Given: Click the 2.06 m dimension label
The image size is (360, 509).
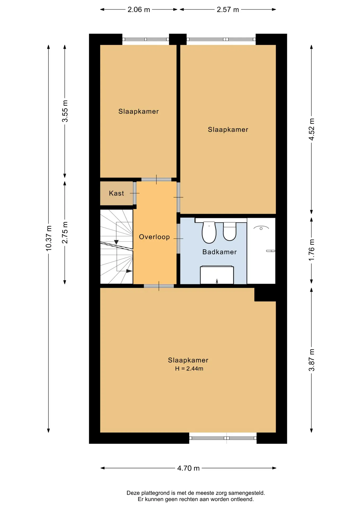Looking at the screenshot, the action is pos(139,10).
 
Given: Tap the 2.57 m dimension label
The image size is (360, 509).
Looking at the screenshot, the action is pos(228,10).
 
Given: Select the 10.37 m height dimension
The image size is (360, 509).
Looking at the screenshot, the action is pos(49,238).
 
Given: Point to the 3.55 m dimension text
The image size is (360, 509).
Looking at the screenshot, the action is pos(65,111).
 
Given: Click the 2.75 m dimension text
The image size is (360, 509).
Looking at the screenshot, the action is pos(65,232).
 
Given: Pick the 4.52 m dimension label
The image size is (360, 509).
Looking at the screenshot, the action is pos(311,129).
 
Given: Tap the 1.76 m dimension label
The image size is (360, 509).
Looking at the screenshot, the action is pos(311,250).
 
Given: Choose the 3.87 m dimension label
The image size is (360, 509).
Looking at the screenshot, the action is pos(311,360).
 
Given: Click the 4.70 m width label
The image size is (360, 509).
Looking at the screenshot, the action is pos(188,468).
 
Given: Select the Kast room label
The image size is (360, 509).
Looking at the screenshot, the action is pos(116,193).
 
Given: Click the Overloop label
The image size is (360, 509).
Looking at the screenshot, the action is pos(154,237).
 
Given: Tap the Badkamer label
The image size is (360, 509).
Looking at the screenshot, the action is pos(219,252).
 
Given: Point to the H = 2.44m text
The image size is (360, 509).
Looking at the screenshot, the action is pos(189,368).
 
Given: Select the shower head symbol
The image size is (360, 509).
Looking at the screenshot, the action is pos(261,228).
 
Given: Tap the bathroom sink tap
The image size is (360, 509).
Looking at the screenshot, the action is pos(217,281).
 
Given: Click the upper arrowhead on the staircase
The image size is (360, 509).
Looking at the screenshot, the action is pos(116,242).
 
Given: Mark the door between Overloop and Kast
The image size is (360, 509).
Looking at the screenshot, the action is pos(135,193).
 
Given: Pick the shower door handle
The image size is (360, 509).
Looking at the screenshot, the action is pos(271,251).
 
